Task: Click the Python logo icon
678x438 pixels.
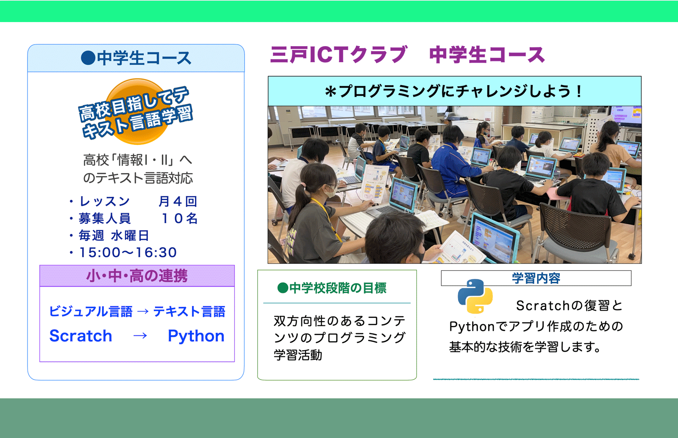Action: tap(475, 296)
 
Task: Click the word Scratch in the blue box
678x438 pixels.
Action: tap(81, 336)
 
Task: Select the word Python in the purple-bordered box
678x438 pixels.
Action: tap(196, 336)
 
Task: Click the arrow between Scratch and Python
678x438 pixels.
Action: tap(140, 336)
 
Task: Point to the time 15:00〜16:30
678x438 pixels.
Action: tap(128, 252)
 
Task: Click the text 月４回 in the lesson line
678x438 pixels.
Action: tap(178, 201)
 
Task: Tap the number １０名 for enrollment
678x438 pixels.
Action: tap(180, 218)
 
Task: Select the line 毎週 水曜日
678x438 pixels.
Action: tap(114, 235)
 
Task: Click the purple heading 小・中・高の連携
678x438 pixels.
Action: tap(137, 276)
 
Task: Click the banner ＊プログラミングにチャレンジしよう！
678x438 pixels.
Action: tap(454, 91)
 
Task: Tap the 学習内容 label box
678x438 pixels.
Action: tap(536, 278)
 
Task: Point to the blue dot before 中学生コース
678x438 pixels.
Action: tap(88, 58)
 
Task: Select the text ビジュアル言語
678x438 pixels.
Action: tap(91, 311)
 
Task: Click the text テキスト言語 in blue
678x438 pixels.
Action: tap(189, 311)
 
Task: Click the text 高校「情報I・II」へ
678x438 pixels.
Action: tap(137, 160)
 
